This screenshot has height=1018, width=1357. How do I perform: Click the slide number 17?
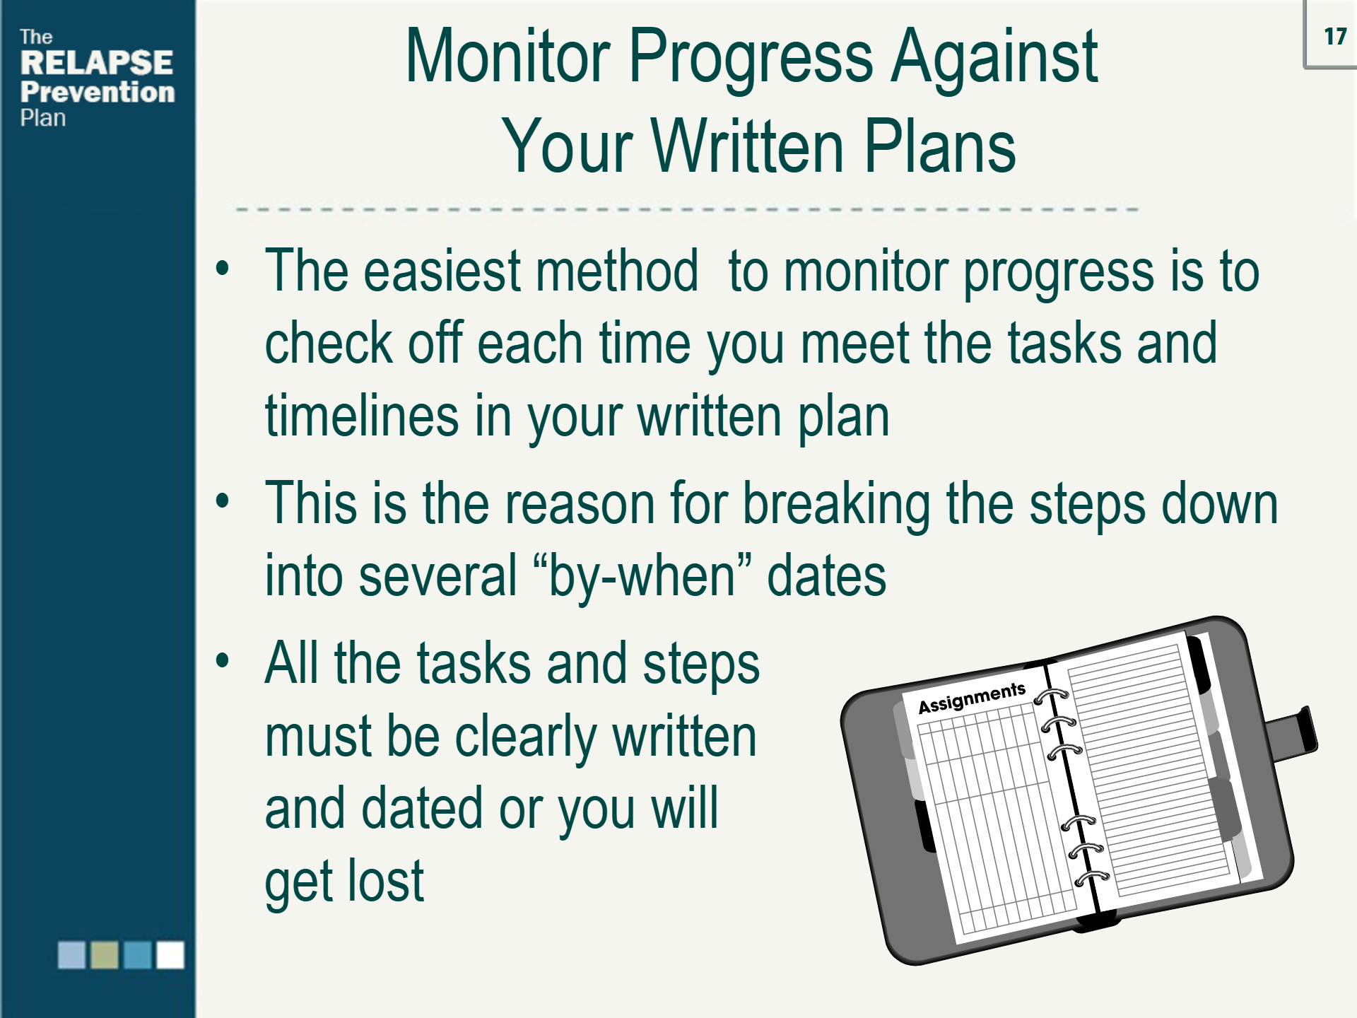click(1334, 37)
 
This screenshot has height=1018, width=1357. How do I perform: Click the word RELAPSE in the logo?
click(96, 63)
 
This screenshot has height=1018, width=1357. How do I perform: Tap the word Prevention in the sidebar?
click(98, 93)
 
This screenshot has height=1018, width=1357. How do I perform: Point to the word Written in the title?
click(747, 146)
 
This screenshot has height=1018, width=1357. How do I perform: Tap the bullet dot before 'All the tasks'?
click(223, 661)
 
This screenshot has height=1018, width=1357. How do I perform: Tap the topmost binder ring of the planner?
click(1051, 697)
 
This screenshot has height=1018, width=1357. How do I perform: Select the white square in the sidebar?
click(170, 954)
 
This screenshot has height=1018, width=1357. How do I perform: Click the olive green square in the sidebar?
click(105, 954)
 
